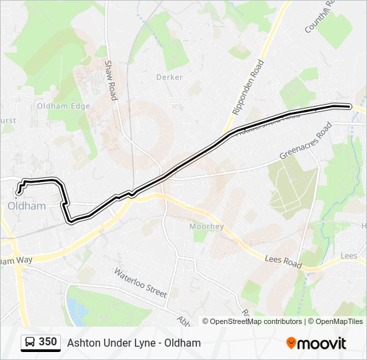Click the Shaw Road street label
click(x=111, y=80)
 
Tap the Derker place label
click(x=169, y=77)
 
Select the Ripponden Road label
click(x=249, y=87)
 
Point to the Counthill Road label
click(x=318, y=17)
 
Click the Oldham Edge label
click(x=63, y=106)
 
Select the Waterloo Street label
click(x=140, y=283)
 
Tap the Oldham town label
click(x=27, y=206)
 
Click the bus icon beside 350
click(x=29, y=343)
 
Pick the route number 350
click(x=47, y=342)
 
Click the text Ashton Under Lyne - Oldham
click(x=133, y=343)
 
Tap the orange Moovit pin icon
click(x=291, y=343)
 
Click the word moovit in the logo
click(x=322, y=343)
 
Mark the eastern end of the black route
click(x=349, y=106)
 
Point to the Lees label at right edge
click(x=348, y=256)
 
